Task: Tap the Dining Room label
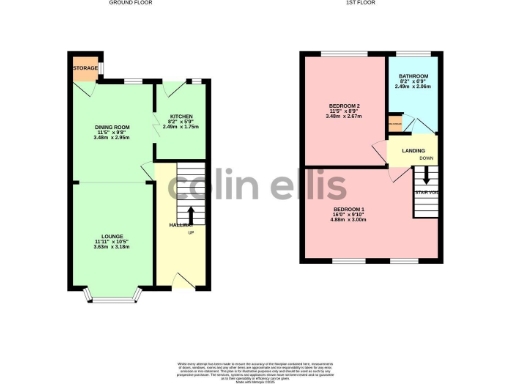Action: click(111, 127)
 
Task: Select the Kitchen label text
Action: click(181, 117)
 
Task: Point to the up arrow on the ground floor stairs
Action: click(190, 213)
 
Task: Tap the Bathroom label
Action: click(413, 76)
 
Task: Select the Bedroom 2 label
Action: click(345, 105)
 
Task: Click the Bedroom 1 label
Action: click(349, 207)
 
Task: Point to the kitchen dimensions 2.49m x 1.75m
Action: click(181, 127)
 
